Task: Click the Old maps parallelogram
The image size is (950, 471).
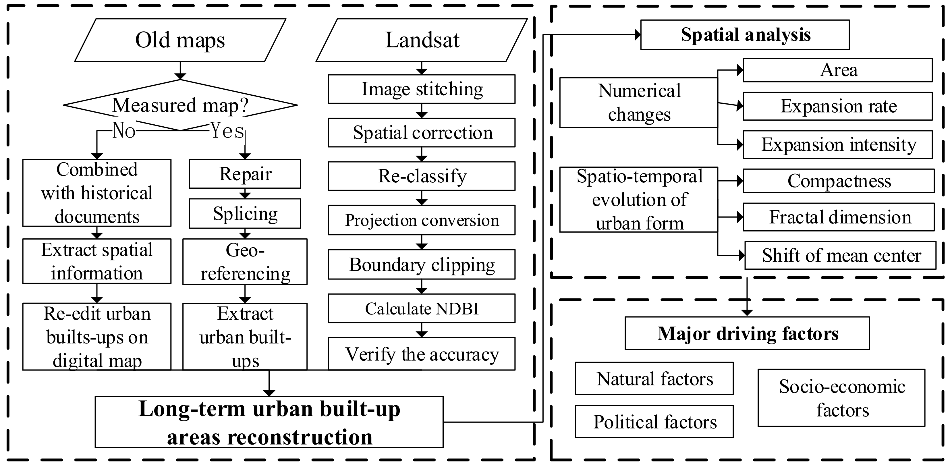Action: click(180, 40)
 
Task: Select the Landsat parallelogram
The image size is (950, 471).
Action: click(422, 40)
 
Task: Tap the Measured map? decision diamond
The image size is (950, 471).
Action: click(180, 105)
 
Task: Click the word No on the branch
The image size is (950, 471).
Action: click(124, 131)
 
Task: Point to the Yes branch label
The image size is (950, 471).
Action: click(227, 131)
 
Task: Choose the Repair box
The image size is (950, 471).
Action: click(245, 174)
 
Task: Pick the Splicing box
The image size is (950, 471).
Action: click(245, 214)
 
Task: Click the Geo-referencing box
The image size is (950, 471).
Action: click(245, 262)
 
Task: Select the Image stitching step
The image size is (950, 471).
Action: click(422, 89)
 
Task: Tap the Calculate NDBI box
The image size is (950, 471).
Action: click(422, 308)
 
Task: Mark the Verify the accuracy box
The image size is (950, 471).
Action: click(422, 354)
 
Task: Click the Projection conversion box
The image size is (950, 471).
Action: click(422, 220)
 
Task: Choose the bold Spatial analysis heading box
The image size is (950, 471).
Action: click(745, 35)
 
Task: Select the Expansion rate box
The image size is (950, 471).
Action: click(837, 106)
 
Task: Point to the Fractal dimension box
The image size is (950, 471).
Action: click(839, 217)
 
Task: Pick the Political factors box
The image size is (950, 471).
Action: click(654, 421)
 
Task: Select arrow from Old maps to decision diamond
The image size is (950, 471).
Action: click(180, 70)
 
